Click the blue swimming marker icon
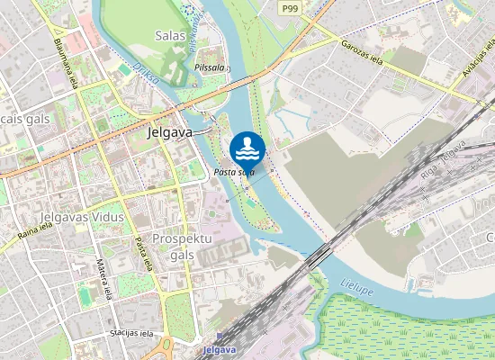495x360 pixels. [247, 147]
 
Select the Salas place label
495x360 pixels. [169, 36]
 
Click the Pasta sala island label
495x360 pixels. [234, 171]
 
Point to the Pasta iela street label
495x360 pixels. [141, 253]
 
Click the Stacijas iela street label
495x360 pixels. [128, 333]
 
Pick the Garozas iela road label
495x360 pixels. [362, 49]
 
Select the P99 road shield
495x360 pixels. [289, 7]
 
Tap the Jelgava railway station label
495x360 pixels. [220, 349]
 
